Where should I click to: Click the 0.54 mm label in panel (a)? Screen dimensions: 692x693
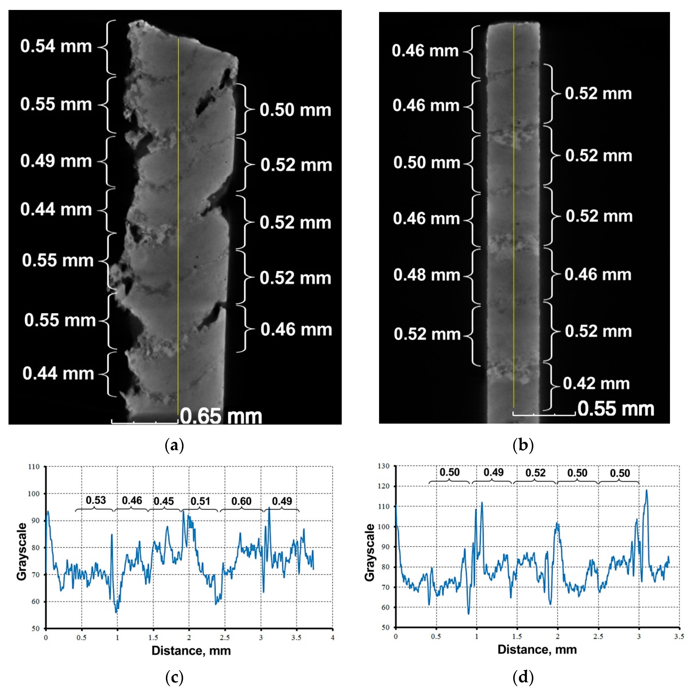56,47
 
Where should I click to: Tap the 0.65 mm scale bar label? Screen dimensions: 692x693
221,416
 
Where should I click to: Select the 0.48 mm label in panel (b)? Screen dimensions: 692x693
427,275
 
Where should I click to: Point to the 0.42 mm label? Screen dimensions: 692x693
596,383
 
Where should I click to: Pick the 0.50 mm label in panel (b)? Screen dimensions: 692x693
427,163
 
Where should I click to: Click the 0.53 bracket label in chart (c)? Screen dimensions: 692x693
96,500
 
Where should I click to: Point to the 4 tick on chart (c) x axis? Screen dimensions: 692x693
333,637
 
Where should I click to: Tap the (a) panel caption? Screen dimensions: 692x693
174,445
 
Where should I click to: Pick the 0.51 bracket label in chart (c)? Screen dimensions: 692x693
200,501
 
